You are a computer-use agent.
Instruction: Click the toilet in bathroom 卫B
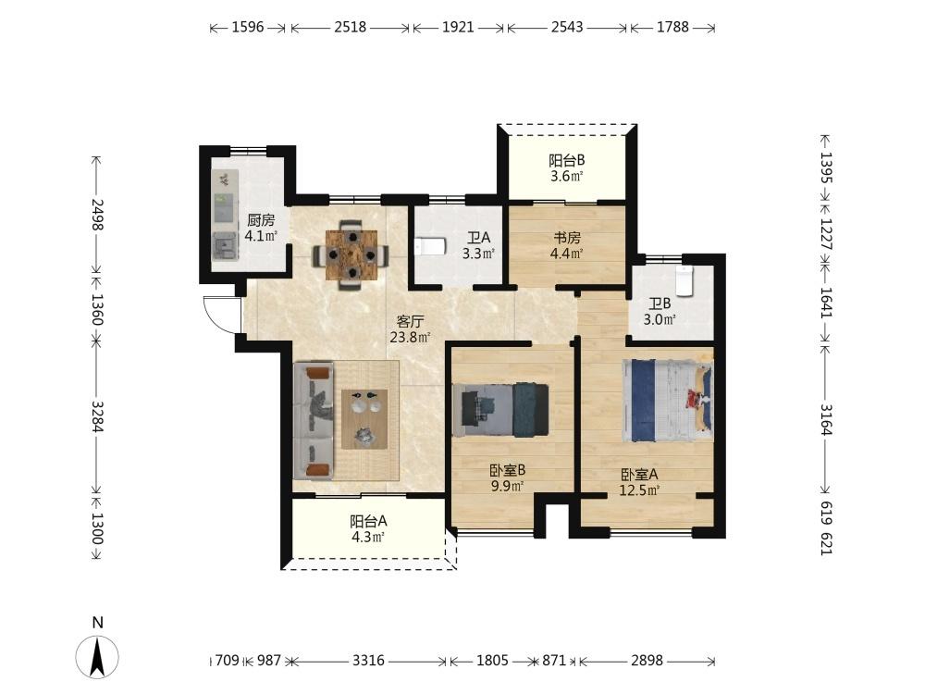pyautogui.click(x=684, y=281)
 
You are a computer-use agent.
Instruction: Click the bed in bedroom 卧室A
pyautogui.click(x=667, y=401)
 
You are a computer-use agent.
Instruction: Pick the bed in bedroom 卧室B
pyautogui.click(x=500, y=410)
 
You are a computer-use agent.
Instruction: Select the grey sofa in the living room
pyautogui.click(x=314, y=421)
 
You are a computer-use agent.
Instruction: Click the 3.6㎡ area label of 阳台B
pyautogui.click(x=567, y=176)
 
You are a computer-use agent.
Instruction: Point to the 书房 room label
pyautogui.click(x=567, y=238)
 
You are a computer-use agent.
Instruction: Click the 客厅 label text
pyautogui.click(x=411, y=322)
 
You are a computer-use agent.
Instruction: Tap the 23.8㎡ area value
pyautogui.click(x=410, y=338)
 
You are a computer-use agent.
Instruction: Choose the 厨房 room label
pyautogui.click(x=261, y=221)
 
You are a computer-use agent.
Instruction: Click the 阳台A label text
pyautogui.click(x=369, y=521)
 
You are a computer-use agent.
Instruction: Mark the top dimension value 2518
pyautogui.click(x=351, y=27)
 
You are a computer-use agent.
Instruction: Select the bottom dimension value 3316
pyautogui.click(x=369, y=661)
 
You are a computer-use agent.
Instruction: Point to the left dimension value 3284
pyautogui.click(x=97, y=416)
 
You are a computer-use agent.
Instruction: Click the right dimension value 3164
pyautogui.click(x=826, y=419)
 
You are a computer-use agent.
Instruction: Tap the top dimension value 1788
pyautogui.click(x=672, y=27)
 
